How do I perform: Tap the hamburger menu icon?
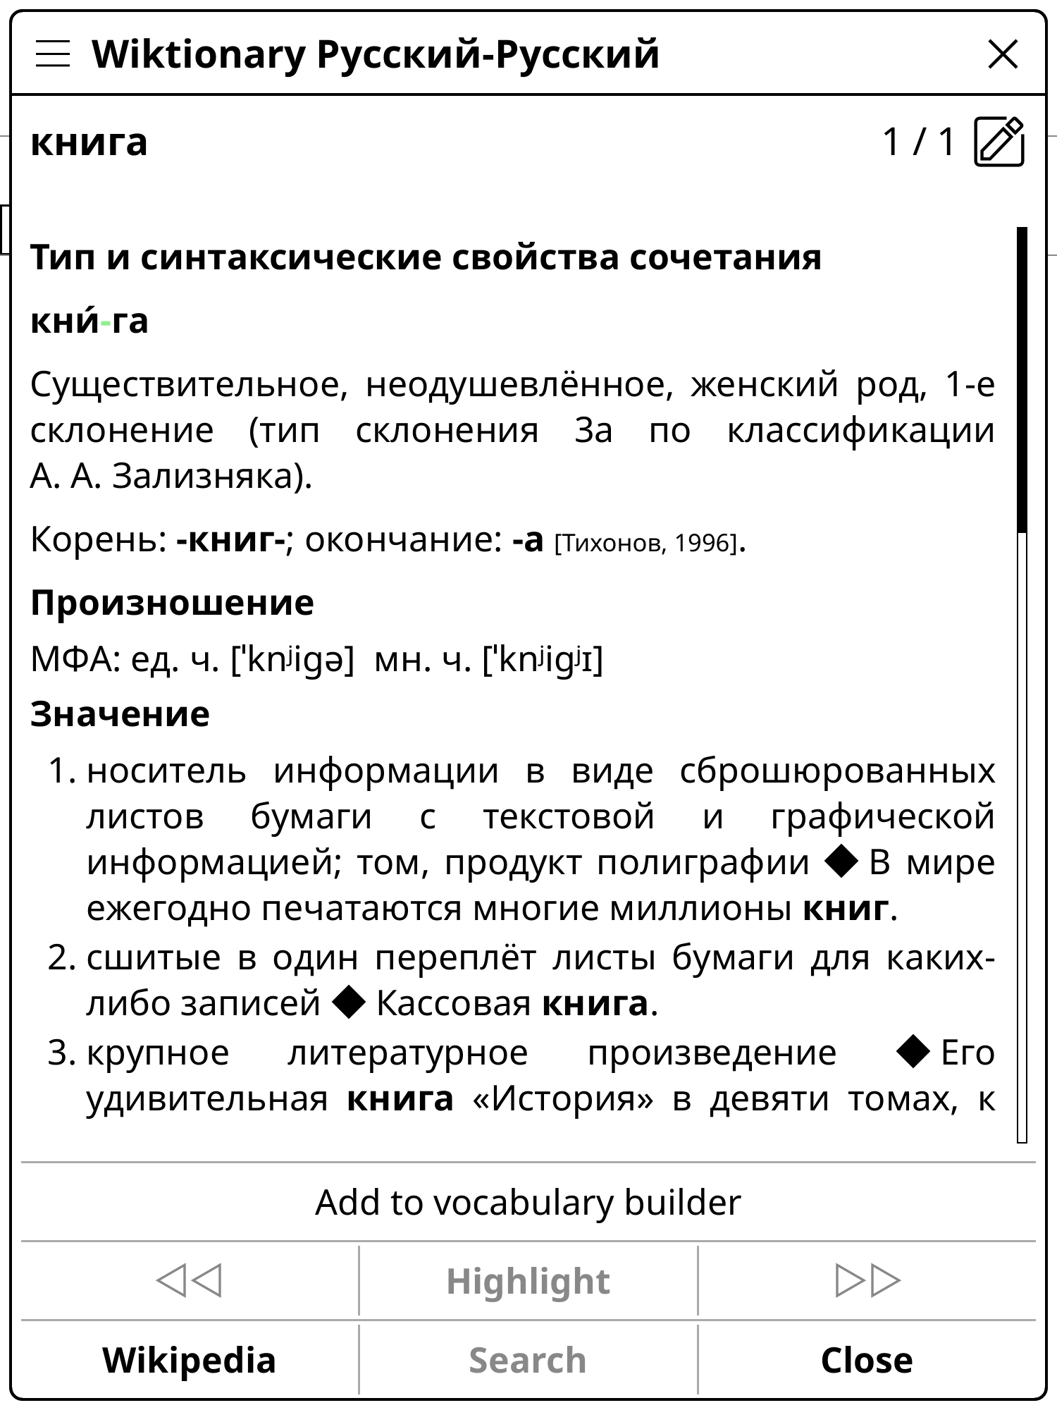(x=53, y=54)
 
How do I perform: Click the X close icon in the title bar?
(x=1003, y=54)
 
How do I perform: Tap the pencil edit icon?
(x=999, y=142)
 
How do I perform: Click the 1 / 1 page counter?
(x=918, y=142)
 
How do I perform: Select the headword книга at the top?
(x=89, y=142)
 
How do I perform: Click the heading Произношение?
(x=172, y=603)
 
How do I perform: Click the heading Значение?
(x=120, y=714)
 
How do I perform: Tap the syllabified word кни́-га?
(x=89, y=321)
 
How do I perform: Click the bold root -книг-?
(x=231, y=540)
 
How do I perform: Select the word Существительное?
(x=189, y=385)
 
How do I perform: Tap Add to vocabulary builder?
(x=528, y=1202)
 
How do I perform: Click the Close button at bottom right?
(x=867, y=1360)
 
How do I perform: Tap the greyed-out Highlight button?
(x=528, y=1281)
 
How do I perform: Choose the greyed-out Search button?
(x=528, y=1360)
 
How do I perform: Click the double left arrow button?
(x=189, y=1280)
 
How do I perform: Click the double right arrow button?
(x=867, y=1280)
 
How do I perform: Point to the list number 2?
(x=61, y=958)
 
